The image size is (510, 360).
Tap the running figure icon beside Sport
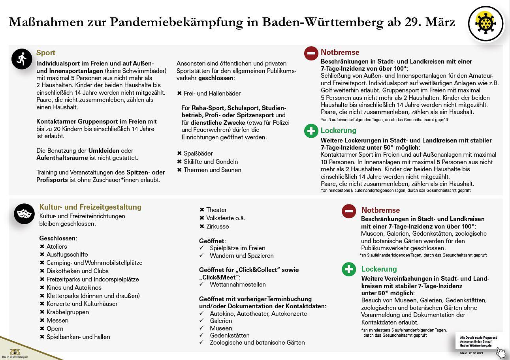click(x=22, y=59)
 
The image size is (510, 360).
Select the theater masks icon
click(x=24, y=214)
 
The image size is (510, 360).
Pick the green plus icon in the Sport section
click(x=311, y=131)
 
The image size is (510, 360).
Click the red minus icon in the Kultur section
click(x=349, y=211)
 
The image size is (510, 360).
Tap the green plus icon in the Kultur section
click(x=349, y=270)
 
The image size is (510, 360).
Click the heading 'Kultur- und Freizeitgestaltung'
click(x=90, y=207)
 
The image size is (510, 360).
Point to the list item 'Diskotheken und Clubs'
click(x=77, y=271)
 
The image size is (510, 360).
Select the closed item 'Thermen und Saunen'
click(x=212, y=170)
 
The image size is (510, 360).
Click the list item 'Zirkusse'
click(x=217, y=227)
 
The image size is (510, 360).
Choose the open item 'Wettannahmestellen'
click(x=237, y=285)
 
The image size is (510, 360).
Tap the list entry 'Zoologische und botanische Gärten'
click(x=257, y=343)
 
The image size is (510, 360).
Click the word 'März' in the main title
click(x=440, y=22)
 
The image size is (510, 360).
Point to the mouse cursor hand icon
click(x=501, y=352)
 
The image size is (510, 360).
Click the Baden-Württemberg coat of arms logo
click(x=15, y=351)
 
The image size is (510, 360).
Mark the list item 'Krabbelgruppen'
click(x=68, y=312)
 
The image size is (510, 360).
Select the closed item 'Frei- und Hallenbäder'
click(x=212, y=94)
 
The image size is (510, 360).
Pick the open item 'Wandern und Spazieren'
click(x=241, y=256)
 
